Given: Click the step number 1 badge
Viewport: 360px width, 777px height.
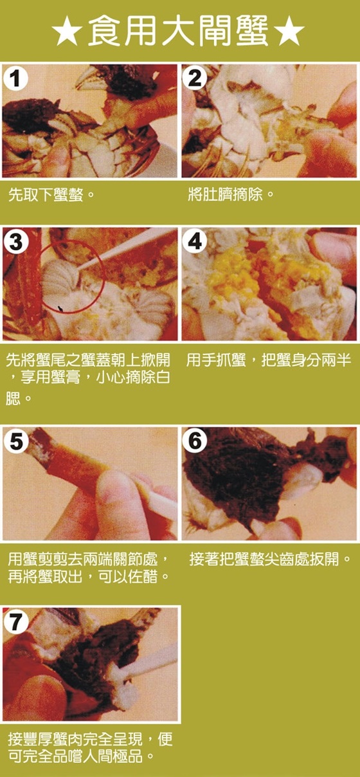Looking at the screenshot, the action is (x=15, y=78).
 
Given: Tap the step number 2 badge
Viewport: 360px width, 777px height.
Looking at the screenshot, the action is (x=195, y=78).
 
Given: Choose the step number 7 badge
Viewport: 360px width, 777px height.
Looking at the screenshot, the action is (x=15, y=621).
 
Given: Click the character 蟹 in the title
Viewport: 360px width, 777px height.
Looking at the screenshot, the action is (x=252, y=32).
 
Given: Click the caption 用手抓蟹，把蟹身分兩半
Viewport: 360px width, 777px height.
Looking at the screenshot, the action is (x=269, y=360).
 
